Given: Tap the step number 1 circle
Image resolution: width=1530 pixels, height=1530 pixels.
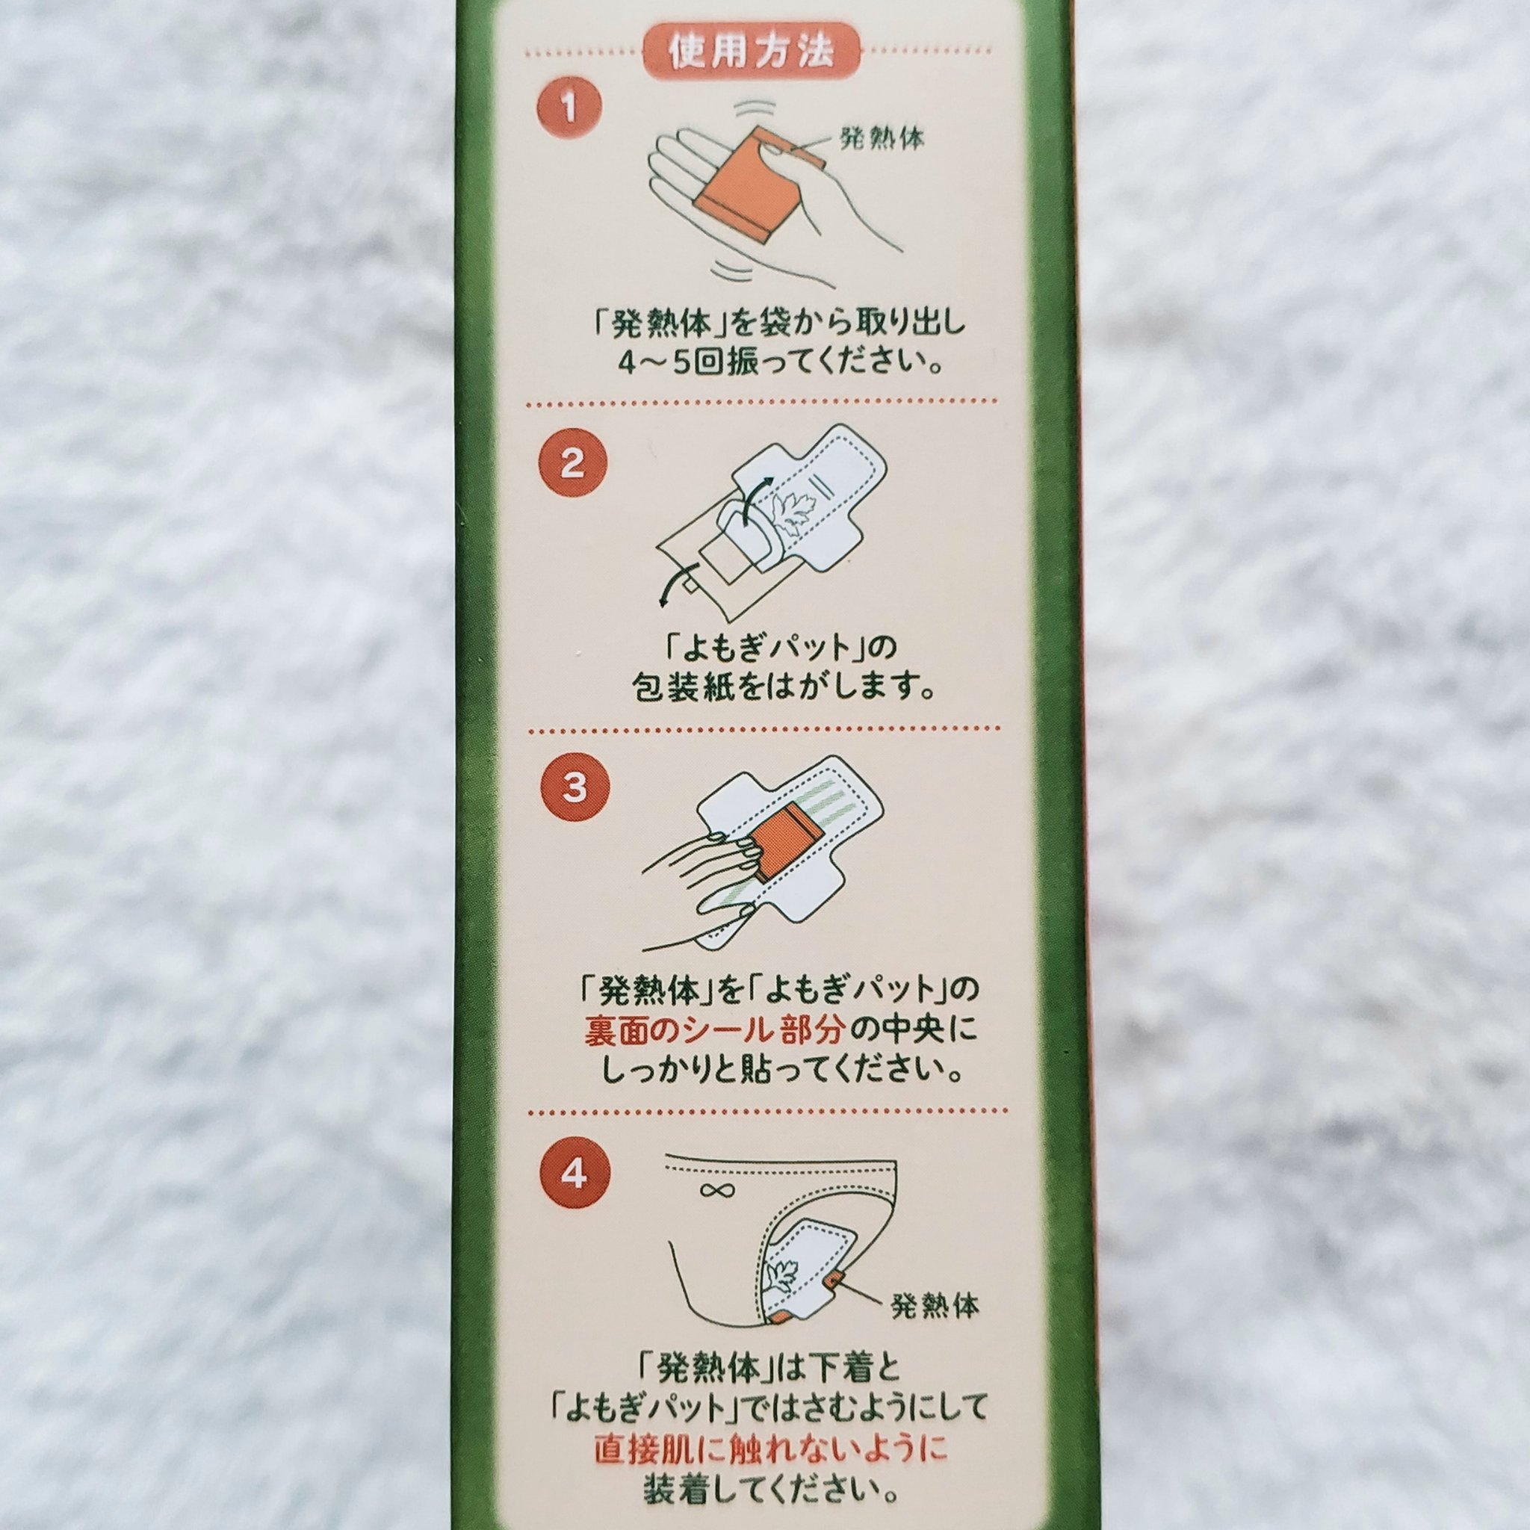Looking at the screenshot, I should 569,108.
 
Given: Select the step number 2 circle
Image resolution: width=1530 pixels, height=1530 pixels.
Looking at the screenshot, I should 572,463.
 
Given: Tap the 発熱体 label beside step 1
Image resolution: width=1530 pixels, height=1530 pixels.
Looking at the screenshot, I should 882,140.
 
